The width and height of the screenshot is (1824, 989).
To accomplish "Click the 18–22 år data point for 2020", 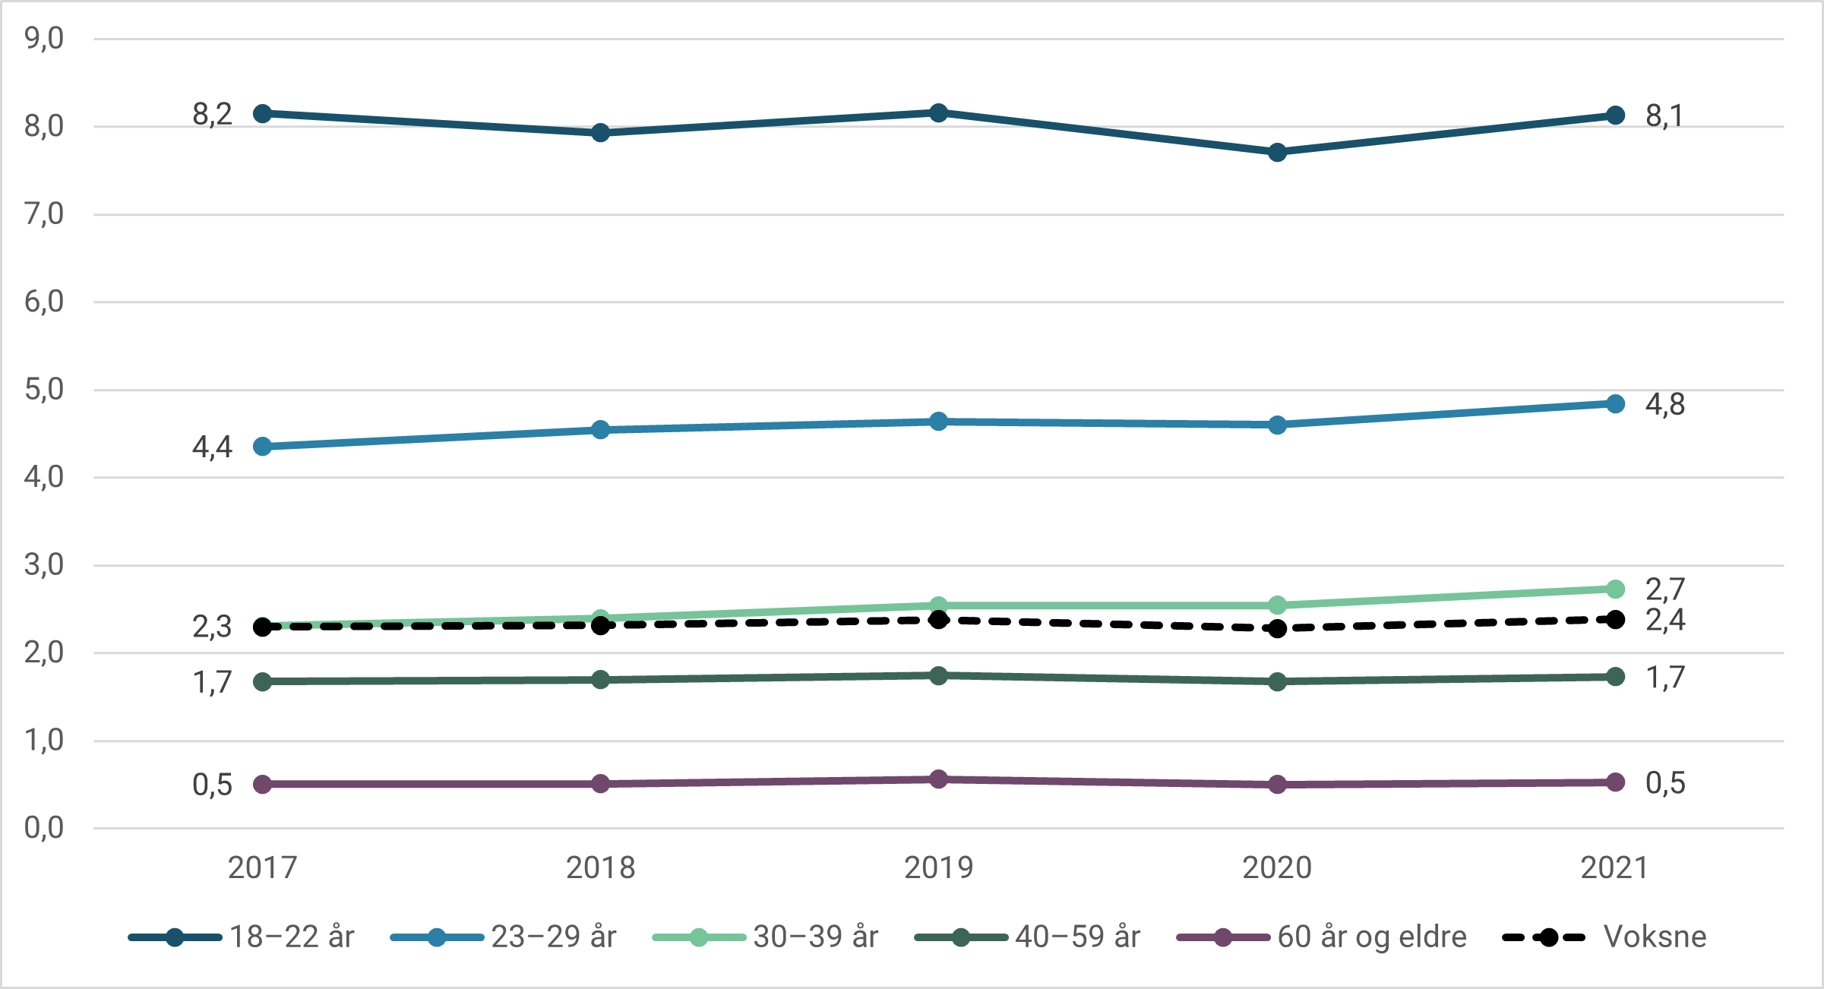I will click(1277, 153).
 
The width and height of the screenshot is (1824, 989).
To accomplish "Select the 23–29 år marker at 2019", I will click(938, 421).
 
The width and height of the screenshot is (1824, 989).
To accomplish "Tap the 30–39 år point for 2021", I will click(1615, 589).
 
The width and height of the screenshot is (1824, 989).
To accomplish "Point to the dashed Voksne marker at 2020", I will click(1277, 628).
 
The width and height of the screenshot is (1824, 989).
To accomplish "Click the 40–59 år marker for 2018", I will click(600, 679).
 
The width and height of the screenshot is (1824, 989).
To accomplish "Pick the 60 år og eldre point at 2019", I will click(938, 779).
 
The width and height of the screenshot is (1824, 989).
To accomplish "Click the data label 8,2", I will click(212, 115).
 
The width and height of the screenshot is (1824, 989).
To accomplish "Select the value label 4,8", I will click(1665, 404).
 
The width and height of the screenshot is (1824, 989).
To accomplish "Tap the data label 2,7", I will click(1665, 589).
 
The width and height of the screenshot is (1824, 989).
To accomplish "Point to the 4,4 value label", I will click(212, 447).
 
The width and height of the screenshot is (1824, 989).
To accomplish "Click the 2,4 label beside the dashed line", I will click(1665, 621).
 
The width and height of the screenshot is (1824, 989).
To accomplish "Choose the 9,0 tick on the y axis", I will click(44, 38).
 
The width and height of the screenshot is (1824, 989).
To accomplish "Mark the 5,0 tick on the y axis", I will click(44, 390).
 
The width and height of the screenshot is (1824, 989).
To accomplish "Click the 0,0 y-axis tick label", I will click(44, 828).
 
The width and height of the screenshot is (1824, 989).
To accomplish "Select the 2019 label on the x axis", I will click(938, 867).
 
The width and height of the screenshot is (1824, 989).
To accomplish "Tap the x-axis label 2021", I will click(1614, 867).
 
